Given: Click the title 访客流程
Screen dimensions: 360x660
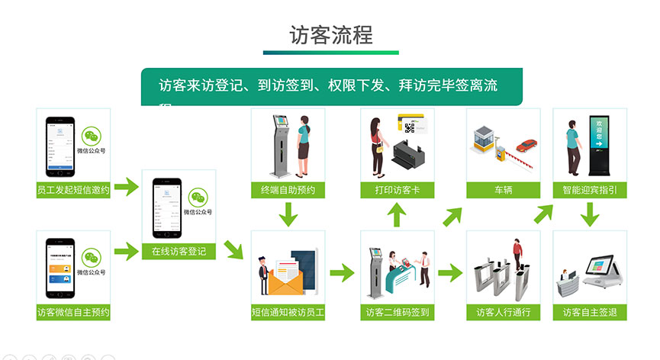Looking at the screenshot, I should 330,34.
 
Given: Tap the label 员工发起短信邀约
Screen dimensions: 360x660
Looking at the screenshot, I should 73,191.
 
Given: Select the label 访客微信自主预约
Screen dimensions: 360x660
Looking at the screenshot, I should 73,312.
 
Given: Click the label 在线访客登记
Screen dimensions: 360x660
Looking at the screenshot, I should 179,251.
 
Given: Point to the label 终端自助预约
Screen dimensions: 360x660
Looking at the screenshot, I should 288,191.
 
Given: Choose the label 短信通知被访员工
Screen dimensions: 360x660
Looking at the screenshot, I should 288,312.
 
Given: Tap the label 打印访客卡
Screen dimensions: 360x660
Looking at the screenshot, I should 397,191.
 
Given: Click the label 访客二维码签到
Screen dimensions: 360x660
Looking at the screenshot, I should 397,312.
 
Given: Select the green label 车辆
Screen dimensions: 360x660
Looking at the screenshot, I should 503,191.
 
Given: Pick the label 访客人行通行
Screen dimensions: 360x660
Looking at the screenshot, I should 503,312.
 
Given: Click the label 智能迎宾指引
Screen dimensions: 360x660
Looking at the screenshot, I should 589,191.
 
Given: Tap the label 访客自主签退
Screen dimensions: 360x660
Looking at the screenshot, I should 589,312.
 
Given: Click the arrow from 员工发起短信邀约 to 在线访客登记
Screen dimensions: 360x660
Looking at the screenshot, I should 127,185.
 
